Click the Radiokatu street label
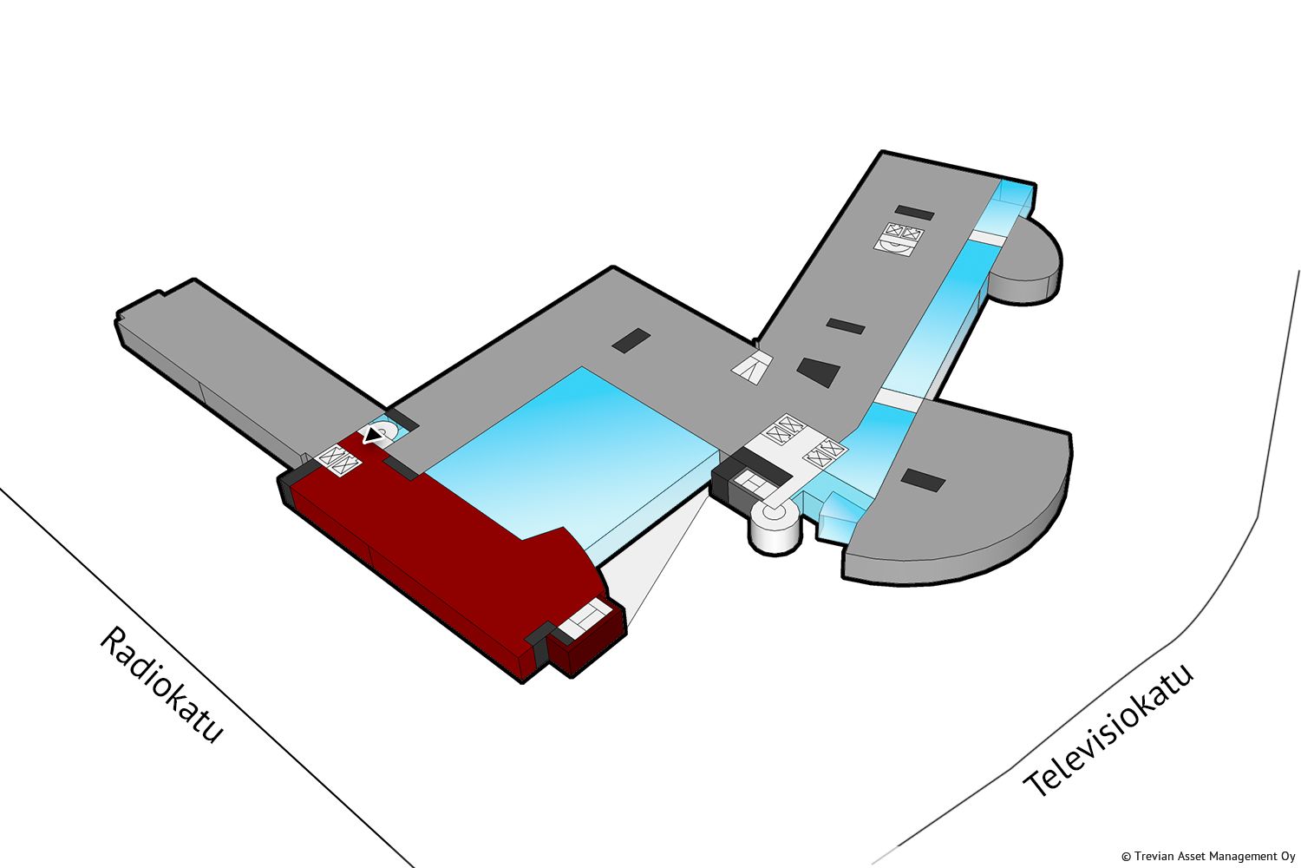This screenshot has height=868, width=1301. coord(160,685)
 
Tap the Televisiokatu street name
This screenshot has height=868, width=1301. coord(1108,730)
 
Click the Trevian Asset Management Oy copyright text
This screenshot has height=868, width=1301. coord(1208,857)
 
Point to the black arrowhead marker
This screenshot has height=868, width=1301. coord(371,434)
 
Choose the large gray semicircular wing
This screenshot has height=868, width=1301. coord(958,494)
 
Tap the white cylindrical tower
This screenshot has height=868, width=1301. coord(775,526)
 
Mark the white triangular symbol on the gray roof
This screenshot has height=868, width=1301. coord(752,367)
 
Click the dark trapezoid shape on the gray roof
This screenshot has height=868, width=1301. coord(819,372)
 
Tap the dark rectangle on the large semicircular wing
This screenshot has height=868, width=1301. coord(923,480)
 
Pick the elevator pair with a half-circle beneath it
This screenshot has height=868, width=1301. coord(899,239)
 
